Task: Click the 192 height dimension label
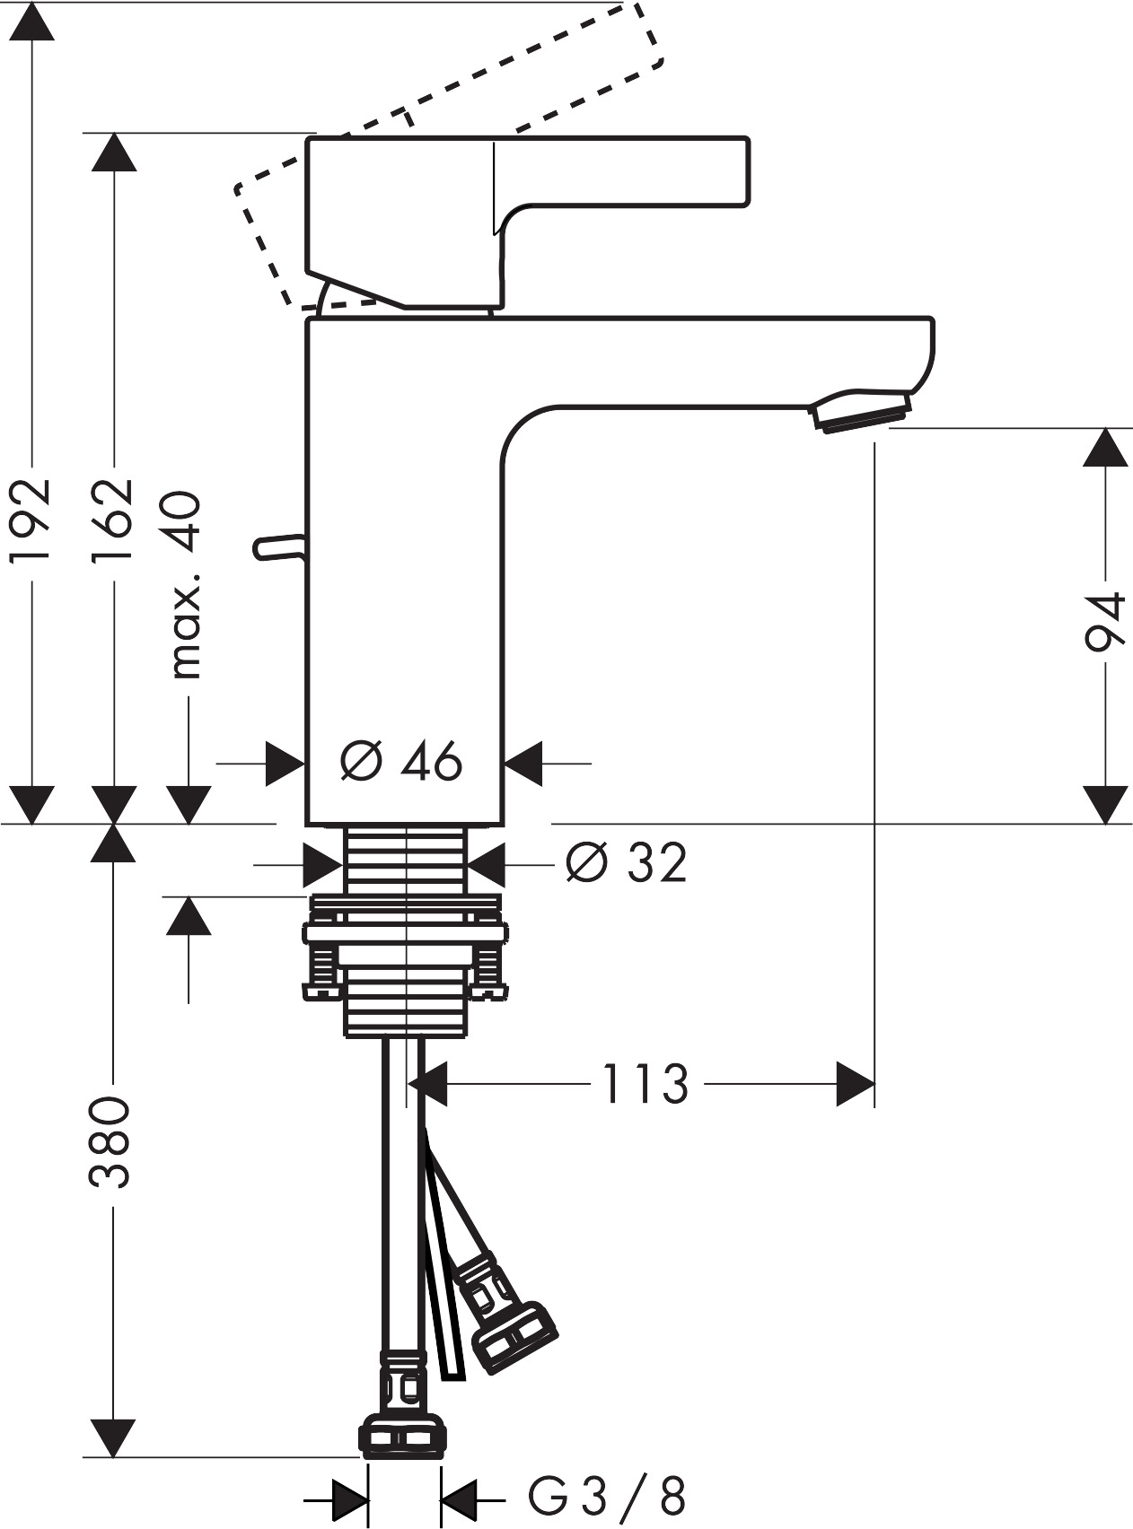29,520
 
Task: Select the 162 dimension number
113,520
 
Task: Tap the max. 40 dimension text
187,583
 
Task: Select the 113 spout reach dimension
645,1084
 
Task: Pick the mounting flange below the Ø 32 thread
406,933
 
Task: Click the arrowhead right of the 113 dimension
855,1084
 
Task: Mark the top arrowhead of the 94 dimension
1104,447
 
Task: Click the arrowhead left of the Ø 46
285,764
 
